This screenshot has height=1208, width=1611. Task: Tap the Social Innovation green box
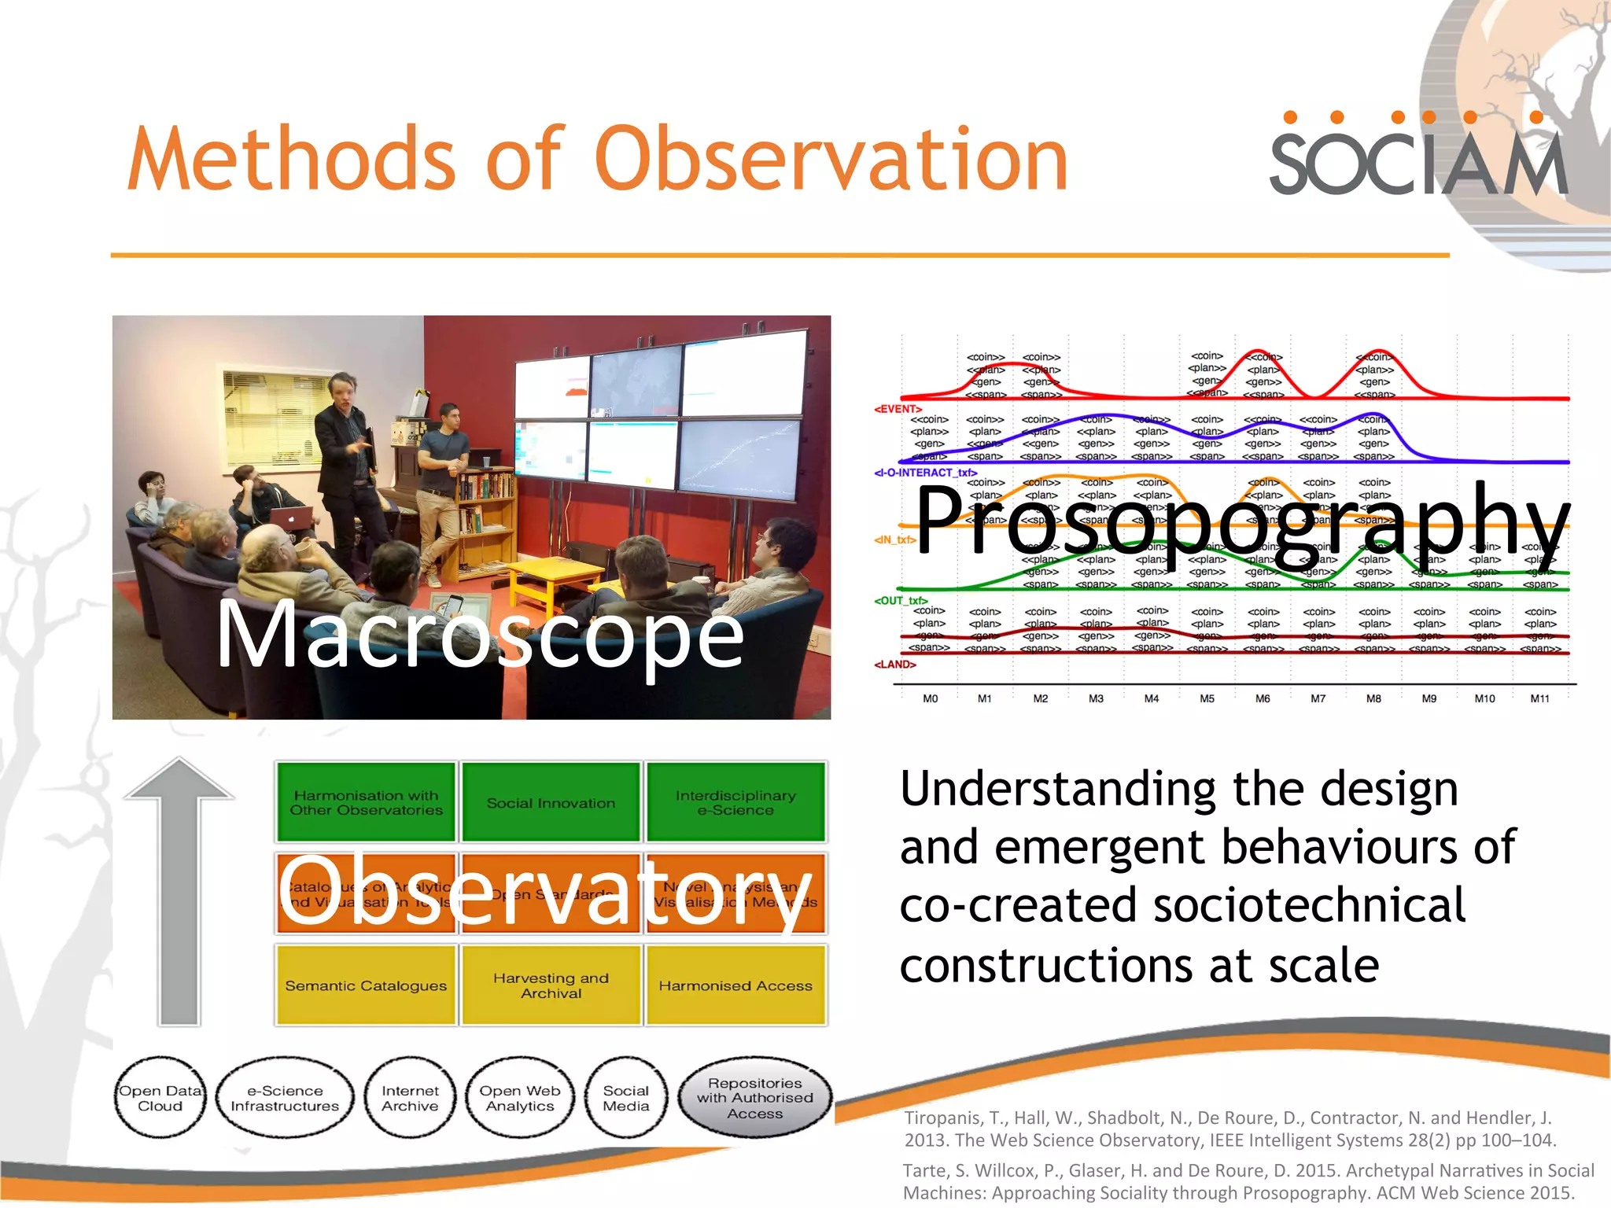(551, 803)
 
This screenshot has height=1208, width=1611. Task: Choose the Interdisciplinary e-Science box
(735, 803)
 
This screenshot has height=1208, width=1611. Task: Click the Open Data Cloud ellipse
(160, 1098)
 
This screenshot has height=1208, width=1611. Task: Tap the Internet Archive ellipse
(410, 1098)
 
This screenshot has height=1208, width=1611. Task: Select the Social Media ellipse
(626, 1098)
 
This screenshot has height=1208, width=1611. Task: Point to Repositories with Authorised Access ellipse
(754, 1098)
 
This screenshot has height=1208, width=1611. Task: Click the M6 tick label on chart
(1263, 698)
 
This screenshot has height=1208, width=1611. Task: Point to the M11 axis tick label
(1539, 698)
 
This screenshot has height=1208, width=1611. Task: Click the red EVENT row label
(898, 409)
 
